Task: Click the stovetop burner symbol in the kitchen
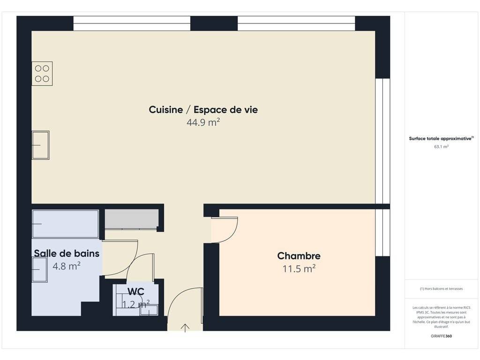coord(42,74)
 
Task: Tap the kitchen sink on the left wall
coord(40,145)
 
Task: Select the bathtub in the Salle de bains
coord(66,224)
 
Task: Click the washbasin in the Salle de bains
coord(39,270)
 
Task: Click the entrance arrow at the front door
coord(185,328)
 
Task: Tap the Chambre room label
coord(299,256)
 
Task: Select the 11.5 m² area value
coord(299,269)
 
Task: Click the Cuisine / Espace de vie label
coord(203,110)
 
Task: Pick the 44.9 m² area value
coord(203,122)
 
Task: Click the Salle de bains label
coord(67,254)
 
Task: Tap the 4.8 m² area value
coord(67,266)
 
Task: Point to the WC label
coord(135,292)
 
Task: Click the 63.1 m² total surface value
coord(441,147)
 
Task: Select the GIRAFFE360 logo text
coord(441,336)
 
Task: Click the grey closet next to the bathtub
coord(132,219)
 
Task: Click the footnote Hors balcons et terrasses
coord(441,289)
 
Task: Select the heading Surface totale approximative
coord(441,138)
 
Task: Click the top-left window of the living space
coord(132,23)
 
